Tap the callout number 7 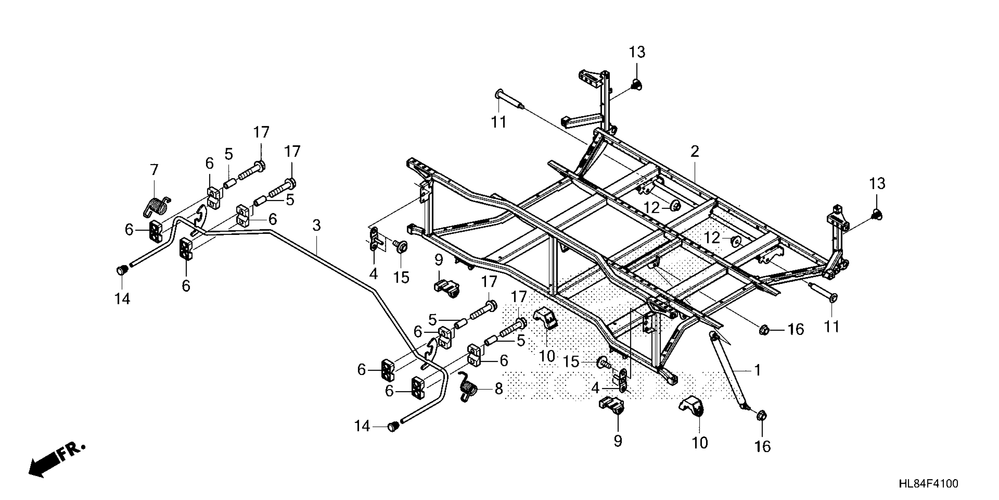point(154,170)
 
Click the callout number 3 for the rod point(316,226)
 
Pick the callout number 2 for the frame point(695,151)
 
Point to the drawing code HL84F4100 point(928,484)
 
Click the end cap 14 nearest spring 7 point(122,270)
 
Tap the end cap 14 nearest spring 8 point(393,427)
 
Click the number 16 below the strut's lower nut point(762,447)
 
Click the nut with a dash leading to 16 point(764,330)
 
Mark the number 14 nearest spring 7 point(122,299)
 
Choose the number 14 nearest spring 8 point(362,427)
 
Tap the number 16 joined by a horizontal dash point(795,330)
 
